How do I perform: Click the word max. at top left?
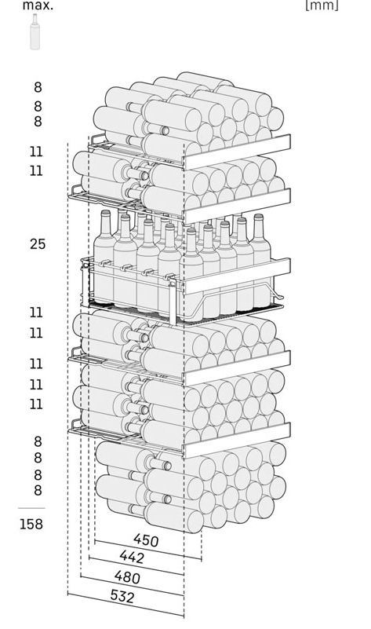(38, 5)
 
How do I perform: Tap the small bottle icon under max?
(35, 32)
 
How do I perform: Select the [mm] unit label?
(322, 5)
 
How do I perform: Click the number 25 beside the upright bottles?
(38, 244)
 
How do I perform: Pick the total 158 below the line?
(31, 524)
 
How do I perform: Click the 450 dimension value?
(146, 540)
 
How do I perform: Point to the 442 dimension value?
(132, 557)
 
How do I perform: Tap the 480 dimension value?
(127, 577)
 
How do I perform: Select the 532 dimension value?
(122, 597)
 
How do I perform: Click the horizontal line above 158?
(31, 508)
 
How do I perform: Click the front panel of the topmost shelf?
(237, 152)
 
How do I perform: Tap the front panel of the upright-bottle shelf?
(237, 276)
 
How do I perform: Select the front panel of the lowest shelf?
(237, 441)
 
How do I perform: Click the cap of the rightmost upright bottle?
(258, 217)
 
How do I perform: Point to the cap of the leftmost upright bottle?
(105, 214)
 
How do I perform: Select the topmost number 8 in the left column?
(38, 87)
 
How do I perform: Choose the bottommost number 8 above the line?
(38, 490)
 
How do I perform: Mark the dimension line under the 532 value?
(125, 604)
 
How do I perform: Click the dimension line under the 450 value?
(147, 550)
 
